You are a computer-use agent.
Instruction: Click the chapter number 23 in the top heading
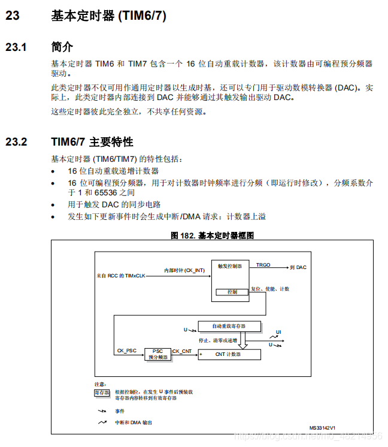point(13,16)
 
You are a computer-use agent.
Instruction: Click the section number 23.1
point(16,47)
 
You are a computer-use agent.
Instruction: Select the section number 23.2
point(16,142)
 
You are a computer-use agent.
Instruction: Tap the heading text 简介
point(62,47)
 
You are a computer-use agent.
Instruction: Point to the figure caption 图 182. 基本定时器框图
point(212,235)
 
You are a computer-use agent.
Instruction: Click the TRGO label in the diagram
point(263,264)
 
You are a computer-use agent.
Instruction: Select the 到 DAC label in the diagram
point(298,267)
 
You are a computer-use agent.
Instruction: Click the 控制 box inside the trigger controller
point(232,292)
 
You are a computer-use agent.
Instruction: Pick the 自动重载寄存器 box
point(229,326)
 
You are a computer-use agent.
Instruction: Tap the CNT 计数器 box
point(229,354)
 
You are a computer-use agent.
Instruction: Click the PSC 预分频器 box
point(157,354)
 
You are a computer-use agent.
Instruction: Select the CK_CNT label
point(181,351)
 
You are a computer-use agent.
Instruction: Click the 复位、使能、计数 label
point(269,289)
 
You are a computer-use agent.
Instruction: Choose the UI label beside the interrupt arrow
point(278,331)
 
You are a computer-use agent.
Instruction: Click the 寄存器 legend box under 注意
point(102,394)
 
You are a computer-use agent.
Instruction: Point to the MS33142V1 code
point(322,427)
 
